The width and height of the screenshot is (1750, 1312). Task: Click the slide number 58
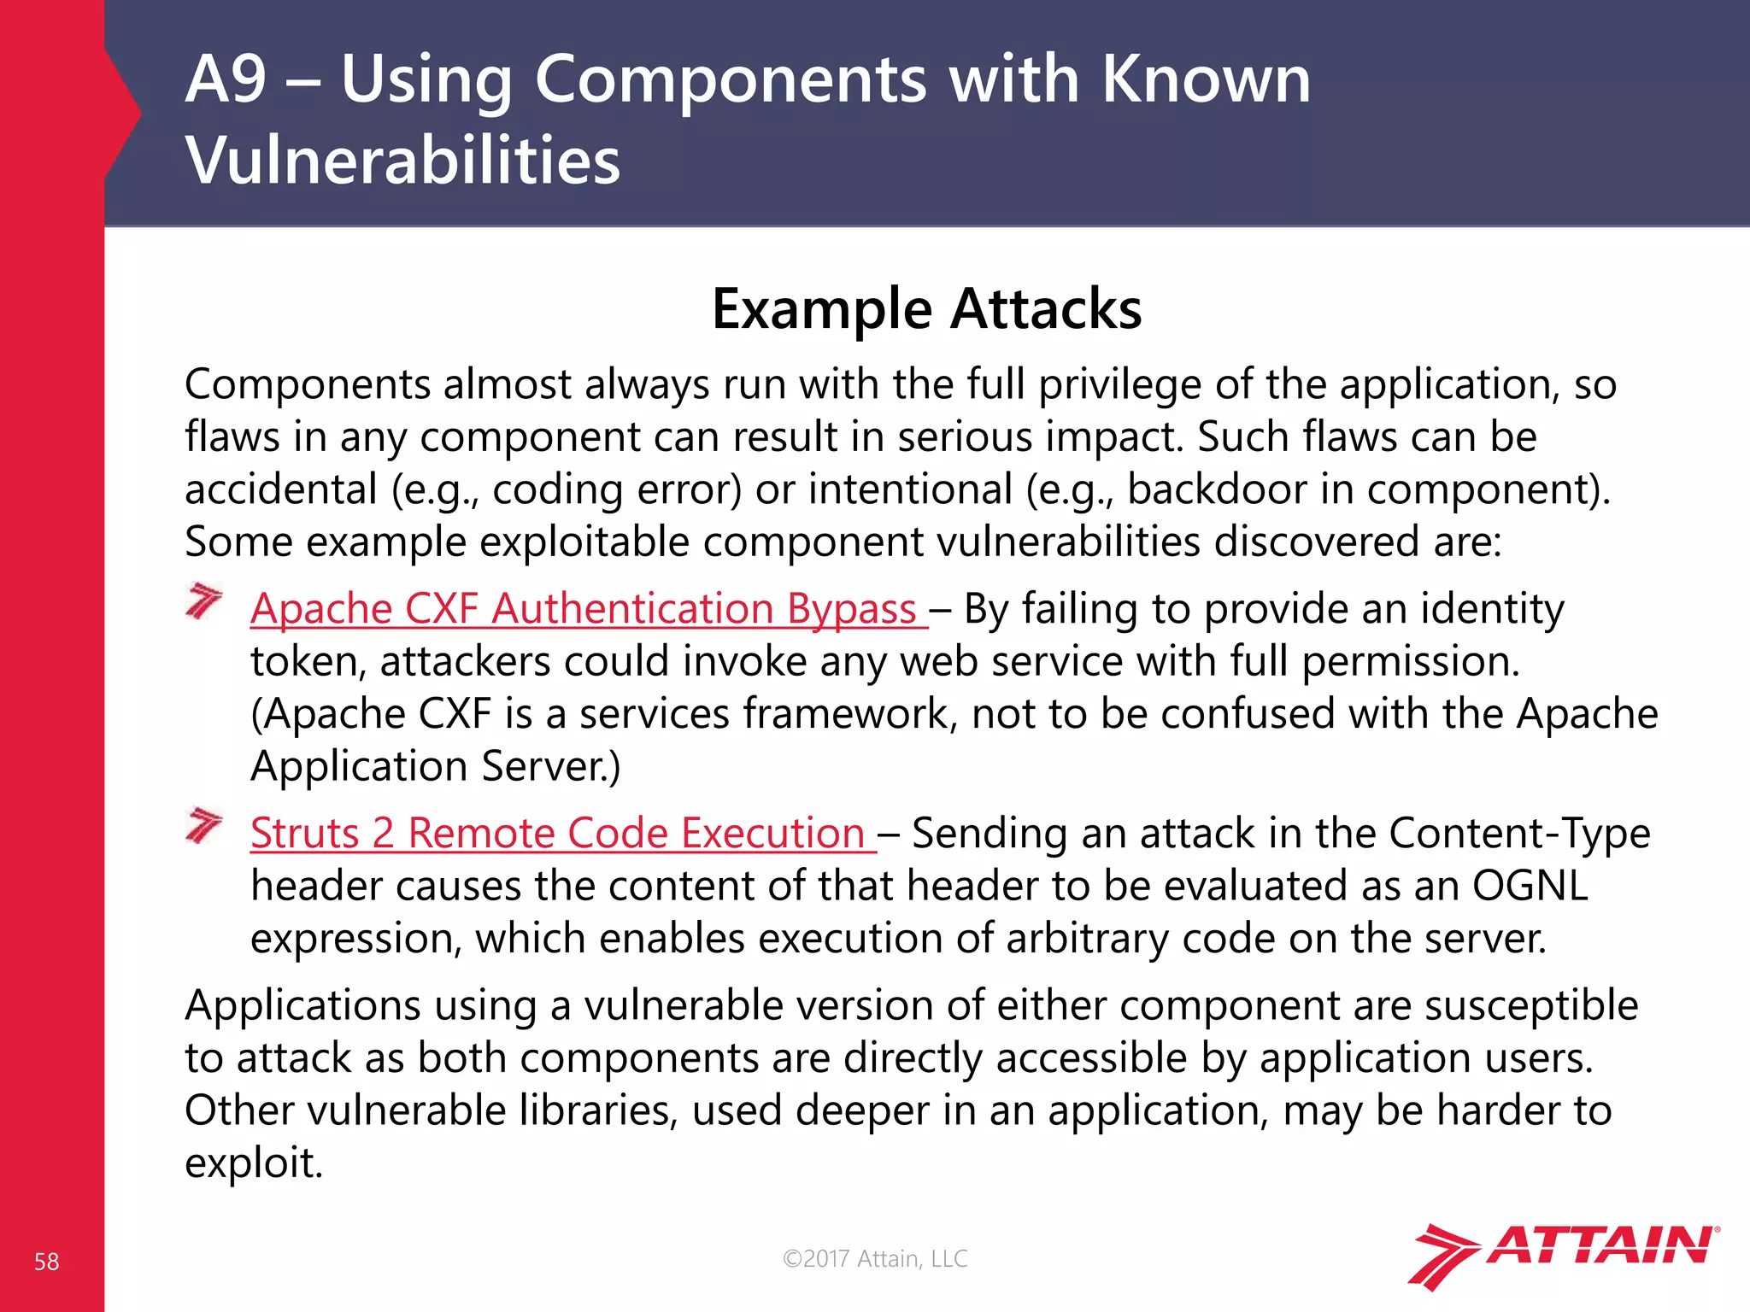point(46,1262)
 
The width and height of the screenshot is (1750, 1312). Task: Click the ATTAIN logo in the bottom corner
point(1564,1254)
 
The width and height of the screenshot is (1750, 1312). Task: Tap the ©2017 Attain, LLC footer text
point(875,1258)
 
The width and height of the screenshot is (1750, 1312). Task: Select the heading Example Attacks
point(926,308)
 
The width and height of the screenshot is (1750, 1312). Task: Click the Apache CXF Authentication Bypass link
point(584,609)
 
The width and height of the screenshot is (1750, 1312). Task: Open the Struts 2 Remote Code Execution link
point(558,833)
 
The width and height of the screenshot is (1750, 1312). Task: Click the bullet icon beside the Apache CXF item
point(203,601)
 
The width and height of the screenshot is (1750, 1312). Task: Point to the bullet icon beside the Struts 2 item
point(203,825)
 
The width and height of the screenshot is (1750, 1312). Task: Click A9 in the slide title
point(226,79)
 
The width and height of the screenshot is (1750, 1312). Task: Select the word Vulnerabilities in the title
point(402,161)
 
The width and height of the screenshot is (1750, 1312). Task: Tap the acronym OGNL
point(1530,886)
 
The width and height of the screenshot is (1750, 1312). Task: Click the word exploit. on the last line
point(254,1163)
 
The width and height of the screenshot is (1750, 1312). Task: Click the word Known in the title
point(1206,79)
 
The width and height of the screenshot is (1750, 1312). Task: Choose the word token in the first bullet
point(307,662)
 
